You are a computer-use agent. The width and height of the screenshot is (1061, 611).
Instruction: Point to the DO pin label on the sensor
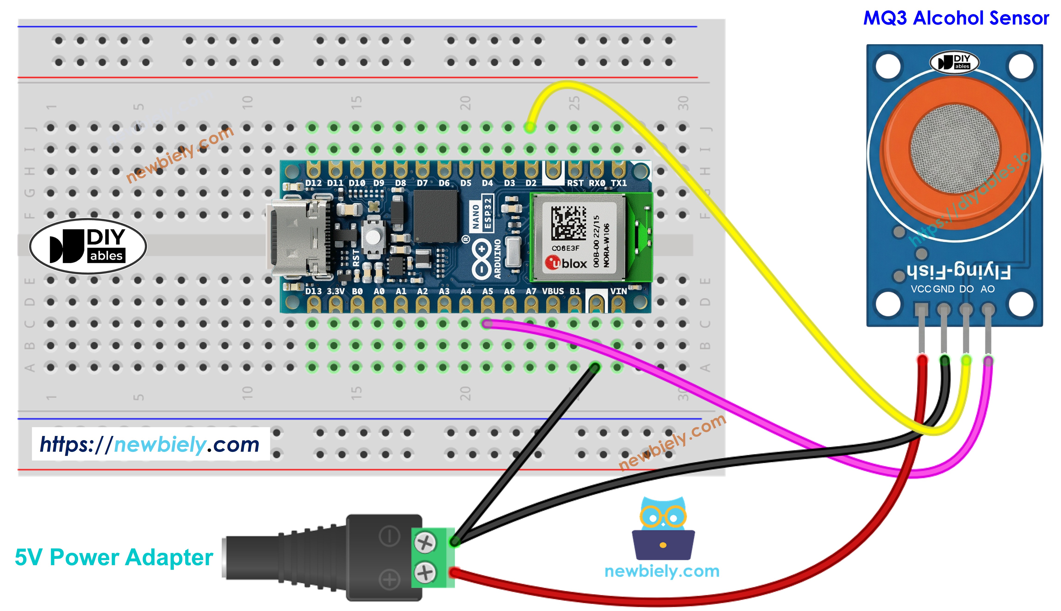pyautogui.click(x=966, y=289)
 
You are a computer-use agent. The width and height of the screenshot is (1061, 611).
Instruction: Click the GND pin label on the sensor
pyautogui.click(x=943, y=289)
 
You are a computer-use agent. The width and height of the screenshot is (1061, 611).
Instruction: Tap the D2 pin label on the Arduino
pyautogui.click(x=531, y=183)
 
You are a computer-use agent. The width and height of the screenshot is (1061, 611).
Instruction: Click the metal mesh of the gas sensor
pyautogui.click(x=955, y=149)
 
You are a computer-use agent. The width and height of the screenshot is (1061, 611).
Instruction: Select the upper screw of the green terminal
pyautogui.click(x=425, y=543)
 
